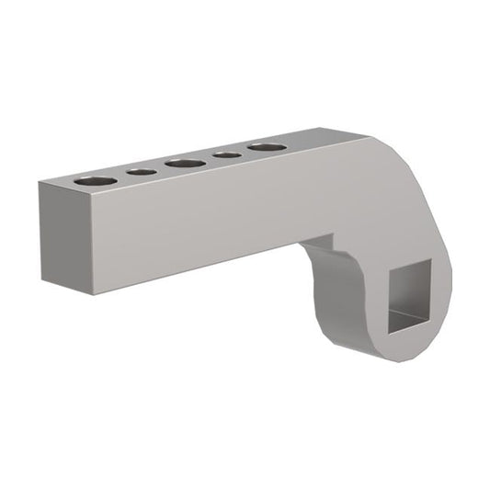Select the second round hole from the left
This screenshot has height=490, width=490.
pyautogui.click(x=142, y=171)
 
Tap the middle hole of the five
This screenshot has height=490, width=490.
pyautogui.click(x=186, y=163)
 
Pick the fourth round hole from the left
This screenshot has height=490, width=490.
pyautogui.click(x=227, y=154)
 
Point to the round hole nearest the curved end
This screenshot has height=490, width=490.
pyautogui.click(x=266, y=147)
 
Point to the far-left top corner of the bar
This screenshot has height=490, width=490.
pyautogui.click(x=39, y=183)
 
